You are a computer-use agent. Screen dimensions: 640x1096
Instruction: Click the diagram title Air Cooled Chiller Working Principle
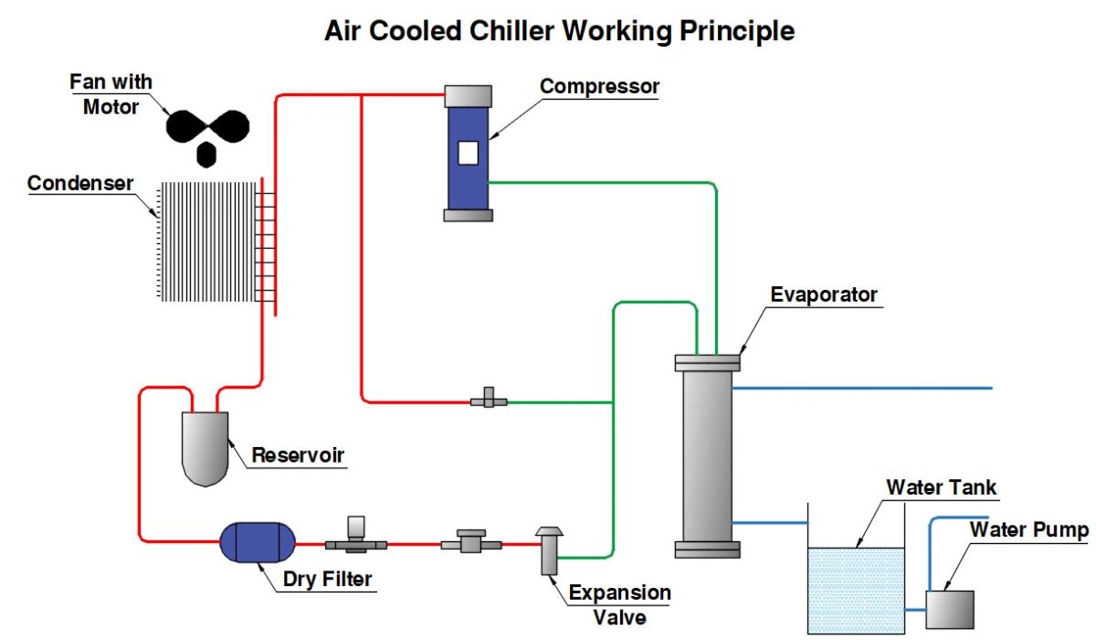tap(559, 30)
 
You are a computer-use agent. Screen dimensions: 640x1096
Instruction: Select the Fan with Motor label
tap(111, 94)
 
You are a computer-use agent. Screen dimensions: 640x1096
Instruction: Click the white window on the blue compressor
tap(469, 153)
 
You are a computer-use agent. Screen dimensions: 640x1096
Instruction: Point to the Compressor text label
tap(599, 86)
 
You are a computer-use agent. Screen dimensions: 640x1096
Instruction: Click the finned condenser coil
tap(211, 241)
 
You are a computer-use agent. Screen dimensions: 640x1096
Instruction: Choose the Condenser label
tap(80, 183)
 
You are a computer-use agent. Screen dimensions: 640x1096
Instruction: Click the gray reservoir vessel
tap(205, 446)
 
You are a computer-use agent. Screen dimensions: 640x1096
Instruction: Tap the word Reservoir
tap(299, 454)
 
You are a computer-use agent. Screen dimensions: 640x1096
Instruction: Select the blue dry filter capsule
tap(258, 543)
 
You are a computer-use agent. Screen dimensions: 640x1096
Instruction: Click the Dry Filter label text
tap(326, 579)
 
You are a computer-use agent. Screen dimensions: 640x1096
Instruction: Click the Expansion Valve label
tap(619, 604)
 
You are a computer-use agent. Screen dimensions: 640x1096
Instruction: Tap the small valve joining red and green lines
tap(489, 400)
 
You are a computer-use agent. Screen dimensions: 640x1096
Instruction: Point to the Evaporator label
tap(823, 294)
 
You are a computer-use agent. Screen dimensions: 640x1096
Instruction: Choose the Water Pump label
tap(1028, 529)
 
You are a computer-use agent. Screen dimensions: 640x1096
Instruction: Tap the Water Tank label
tap(941, 486)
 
